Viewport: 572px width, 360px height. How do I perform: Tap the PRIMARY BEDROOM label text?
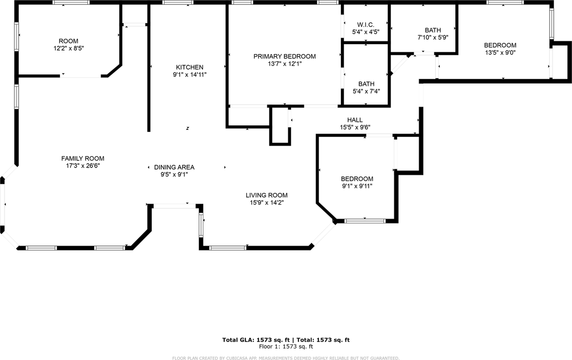tap(284, 56)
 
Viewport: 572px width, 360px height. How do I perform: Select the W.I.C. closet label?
tap(366, 25)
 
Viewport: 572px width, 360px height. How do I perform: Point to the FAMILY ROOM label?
tap(83, 158)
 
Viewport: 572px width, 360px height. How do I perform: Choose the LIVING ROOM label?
tap(266, 195)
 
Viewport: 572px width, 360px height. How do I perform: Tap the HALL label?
tap(355, 120)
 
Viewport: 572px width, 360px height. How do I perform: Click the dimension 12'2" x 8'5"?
tap(68, 48)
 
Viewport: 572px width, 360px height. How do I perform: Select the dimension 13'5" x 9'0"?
tap(500, 52)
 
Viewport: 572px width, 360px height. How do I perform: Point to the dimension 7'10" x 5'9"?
tap(433, 38)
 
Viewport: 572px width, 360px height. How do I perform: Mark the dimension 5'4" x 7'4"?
tap(366, 91)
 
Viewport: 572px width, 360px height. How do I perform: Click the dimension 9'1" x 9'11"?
tap(357, 186)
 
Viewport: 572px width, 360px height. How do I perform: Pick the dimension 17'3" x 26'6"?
tap(83, 166)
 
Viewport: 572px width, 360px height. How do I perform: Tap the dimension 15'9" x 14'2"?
tap(266, 202)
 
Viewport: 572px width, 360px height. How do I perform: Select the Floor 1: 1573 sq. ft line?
tap(286, 346)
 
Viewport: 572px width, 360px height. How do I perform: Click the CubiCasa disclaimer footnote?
tap(286, 358)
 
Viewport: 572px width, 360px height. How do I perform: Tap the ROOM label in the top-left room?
tap(68, 41)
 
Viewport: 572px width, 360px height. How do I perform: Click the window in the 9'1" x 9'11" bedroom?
tap(365, 221)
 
